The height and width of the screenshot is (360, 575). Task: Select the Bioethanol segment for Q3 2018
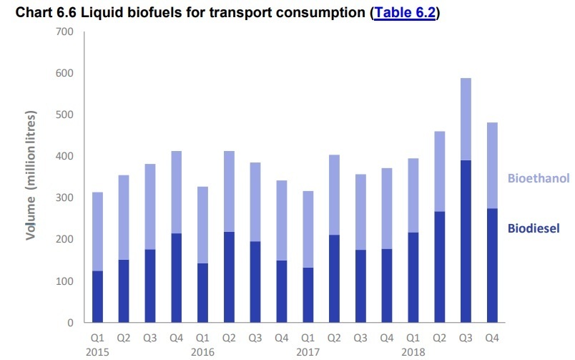(466, 119)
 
